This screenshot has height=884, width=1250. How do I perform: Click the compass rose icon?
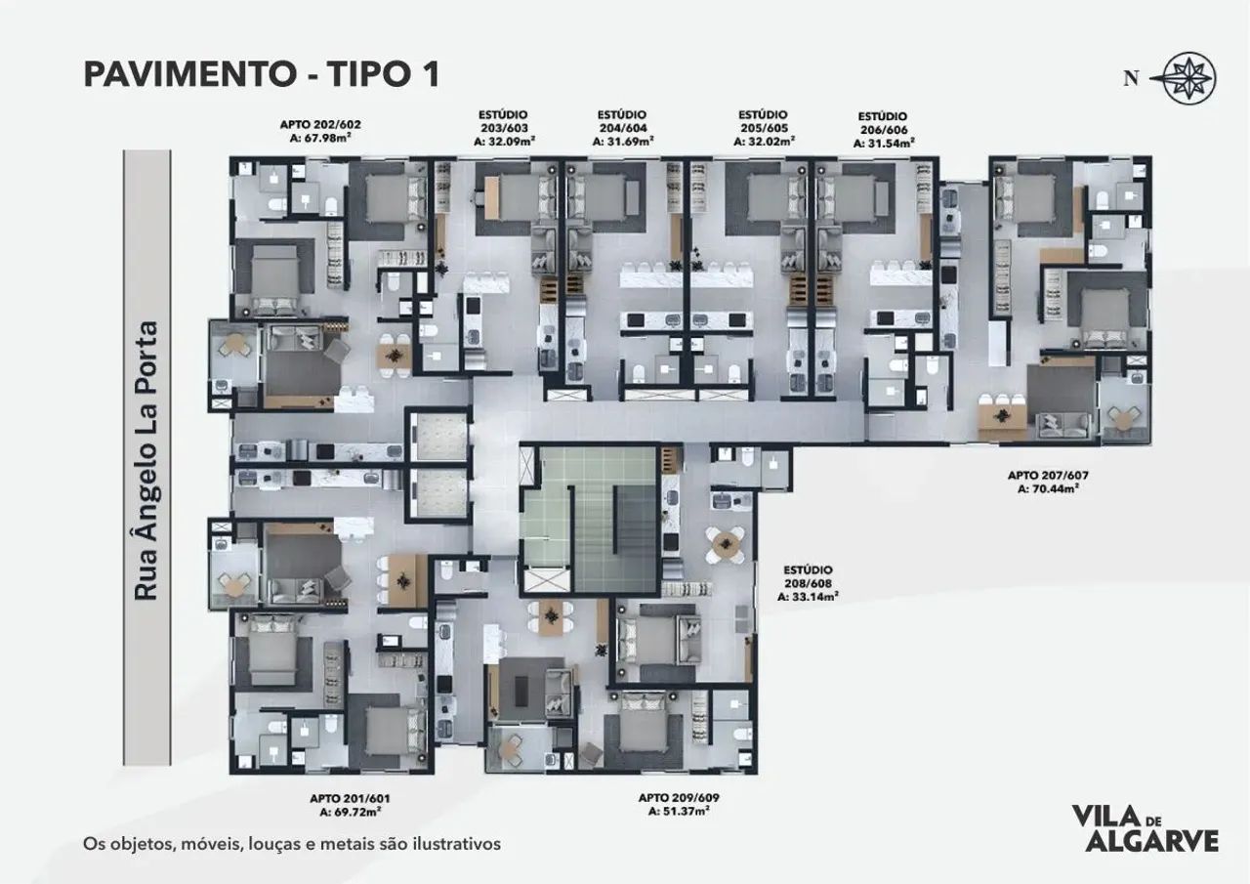click(1188, 79)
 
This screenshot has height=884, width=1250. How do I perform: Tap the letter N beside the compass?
click(1131, 79)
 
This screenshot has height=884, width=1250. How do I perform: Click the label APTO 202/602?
click(320, 124)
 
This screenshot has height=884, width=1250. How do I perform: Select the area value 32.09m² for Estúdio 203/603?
click(505, 142)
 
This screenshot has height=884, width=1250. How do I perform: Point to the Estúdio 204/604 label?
click(623, 122)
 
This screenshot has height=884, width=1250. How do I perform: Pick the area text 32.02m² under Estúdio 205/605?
click(765, 142)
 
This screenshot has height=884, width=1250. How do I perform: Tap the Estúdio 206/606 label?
click(883, 123)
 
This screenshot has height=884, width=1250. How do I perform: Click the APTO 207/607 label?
click(1048, 476)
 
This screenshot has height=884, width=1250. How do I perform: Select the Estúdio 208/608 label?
click(808, 577)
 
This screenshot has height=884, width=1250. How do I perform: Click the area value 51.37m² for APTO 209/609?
click(679, 811)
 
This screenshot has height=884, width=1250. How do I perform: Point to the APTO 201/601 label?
click(350, 799)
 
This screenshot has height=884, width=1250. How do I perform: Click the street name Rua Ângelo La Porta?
click(146, 460)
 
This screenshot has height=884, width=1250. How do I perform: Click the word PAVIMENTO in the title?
click(189, 75)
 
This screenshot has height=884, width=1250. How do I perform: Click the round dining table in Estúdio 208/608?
click(725, 544)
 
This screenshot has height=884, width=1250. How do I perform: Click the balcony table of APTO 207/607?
click(1121, 418)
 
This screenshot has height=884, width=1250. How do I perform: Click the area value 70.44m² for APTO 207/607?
click(1048, 488)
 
